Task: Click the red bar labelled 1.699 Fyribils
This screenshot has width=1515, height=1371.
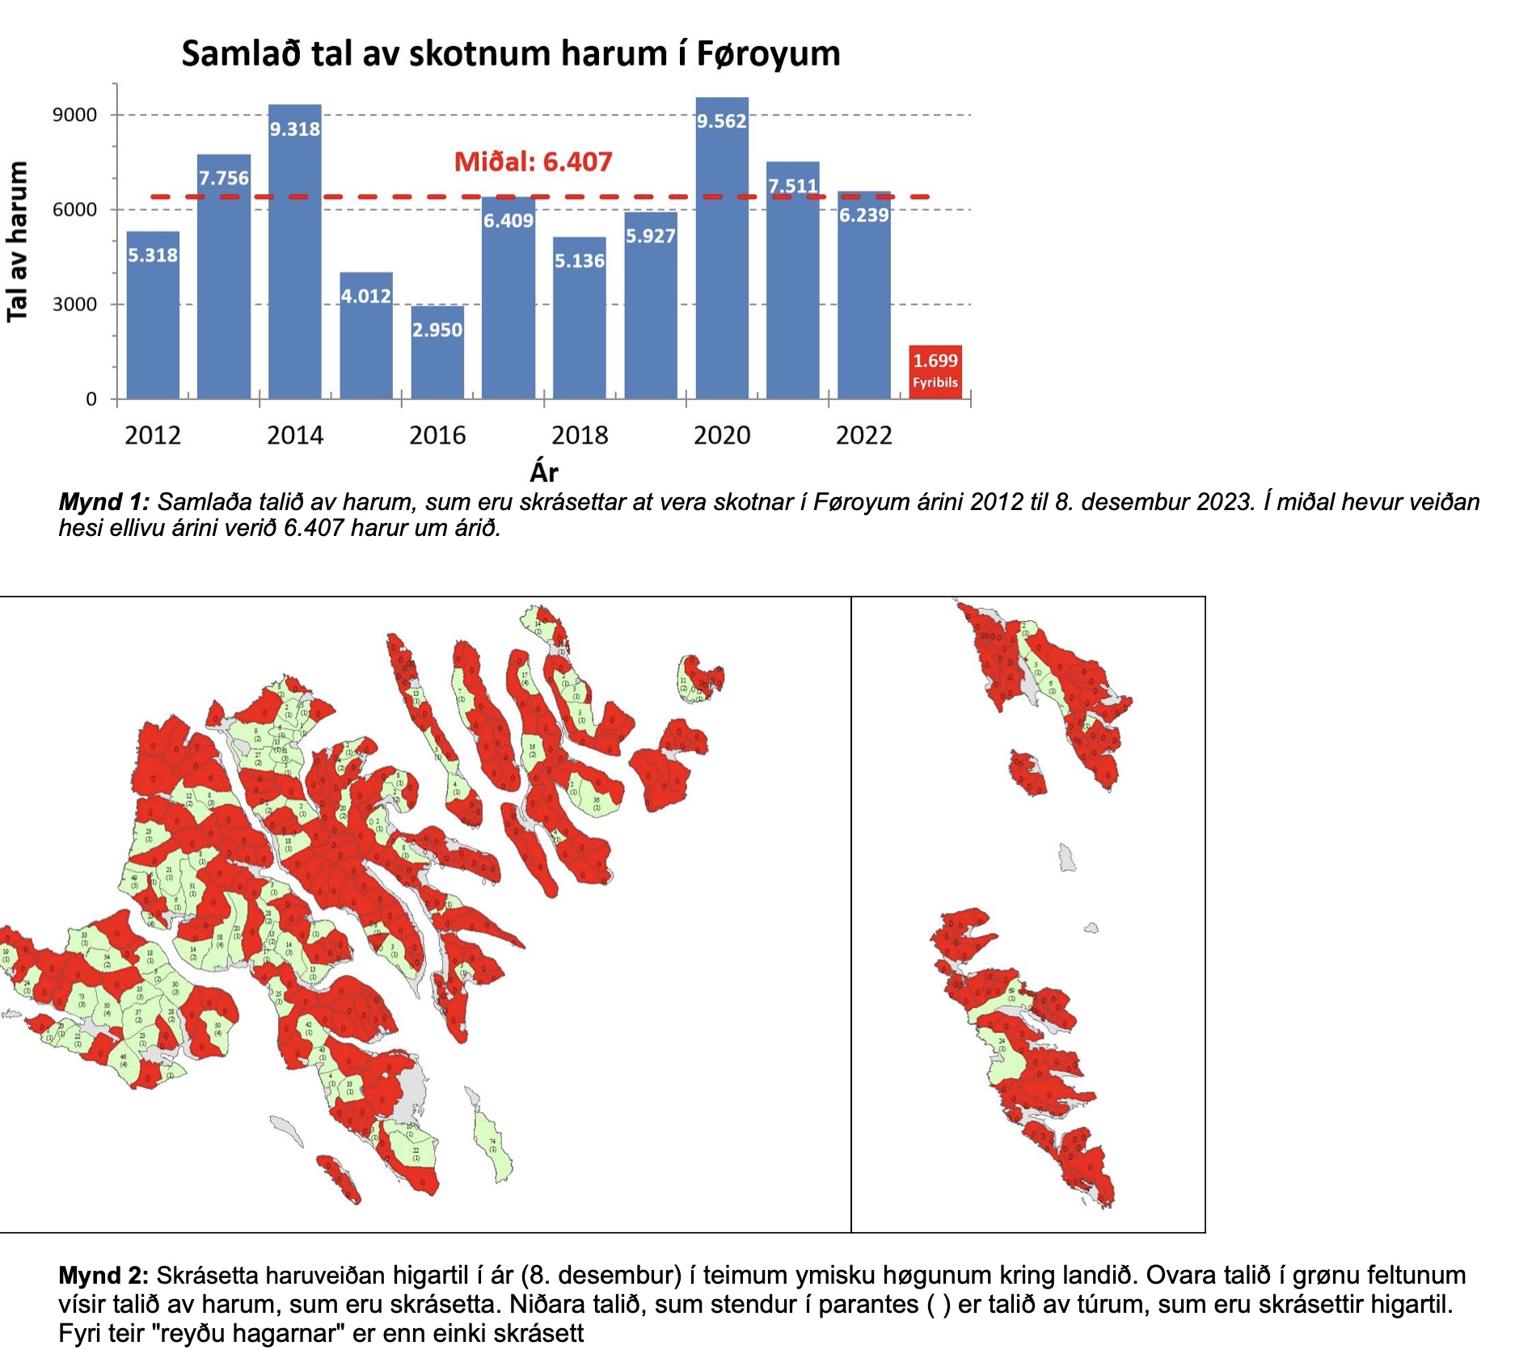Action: tap(935, 372)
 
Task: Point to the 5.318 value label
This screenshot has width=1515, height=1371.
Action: tap(153, 255)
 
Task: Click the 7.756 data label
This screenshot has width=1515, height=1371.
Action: tap(224, 178)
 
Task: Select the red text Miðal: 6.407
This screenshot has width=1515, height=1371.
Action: tap(533, 162)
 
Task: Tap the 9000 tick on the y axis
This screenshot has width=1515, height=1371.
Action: tap(75, 115)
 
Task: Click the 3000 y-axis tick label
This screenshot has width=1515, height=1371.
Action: tap(75, 305)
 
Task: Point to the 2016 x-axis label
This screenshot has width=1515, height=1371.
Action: tap(437, 436)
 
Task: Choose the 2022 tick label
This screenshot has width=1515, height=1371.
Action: tap(863, 436)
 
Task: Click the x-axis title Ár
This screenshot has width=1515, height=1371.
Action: tap(544, 472)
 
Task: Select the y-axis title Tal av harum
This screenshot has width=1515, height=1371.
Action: tap(18, 241)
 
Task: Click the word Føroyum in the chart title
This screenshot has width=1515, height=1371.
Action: tap(768, 54)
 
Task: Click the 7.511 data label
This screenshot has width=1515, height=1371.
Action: tap(793, 186)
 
